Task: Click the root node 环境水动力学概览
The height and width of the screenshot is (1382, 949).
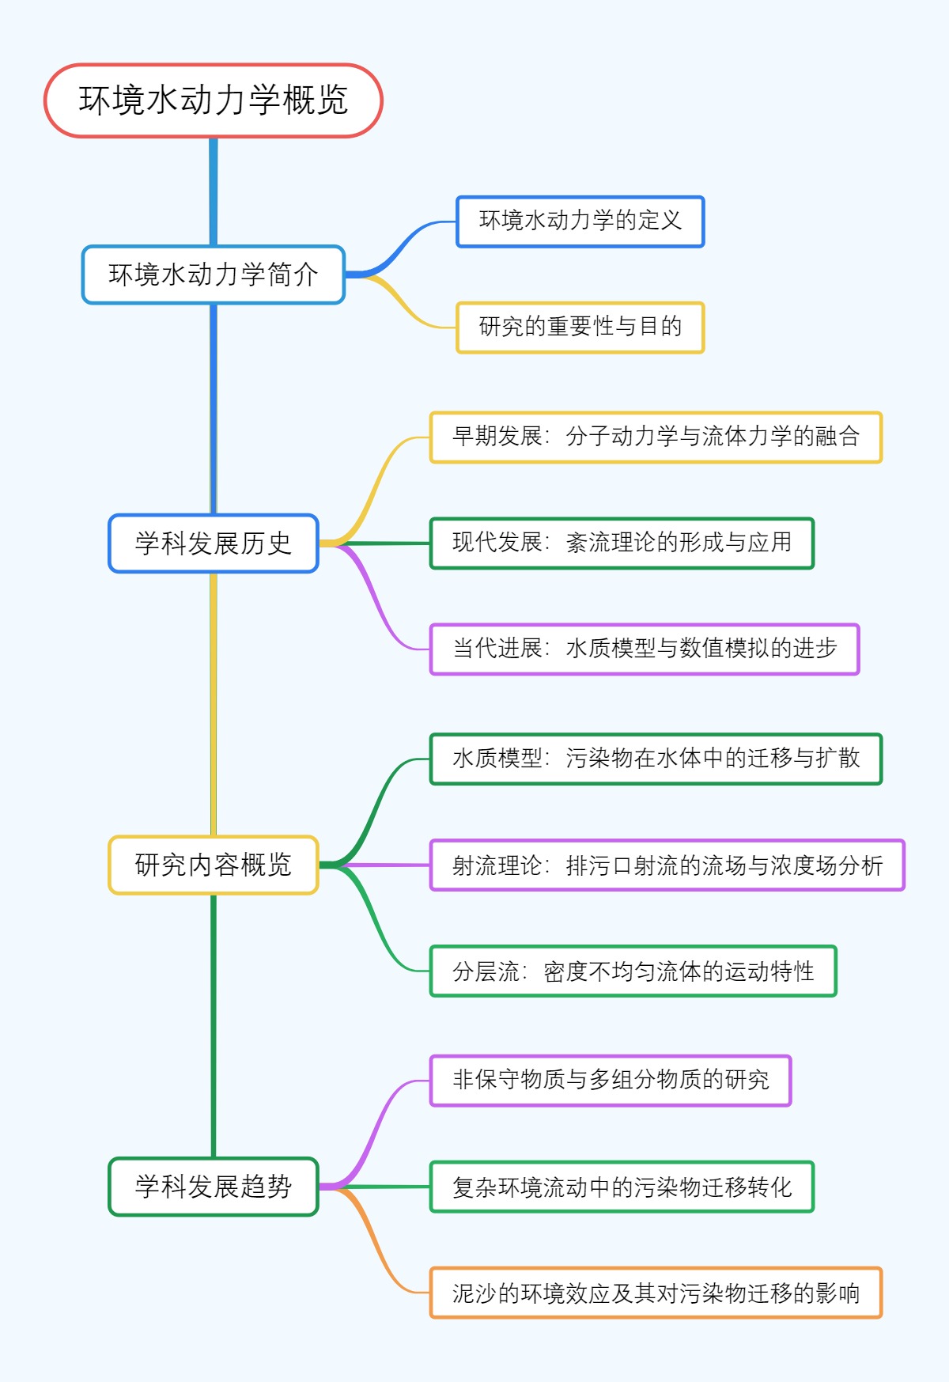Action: coord(213,100)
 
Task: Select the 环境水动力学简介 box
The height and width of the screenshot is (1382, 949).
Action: coord(213,275)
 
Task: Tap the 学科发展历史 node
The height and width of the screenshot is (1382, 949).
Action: coord(213,543)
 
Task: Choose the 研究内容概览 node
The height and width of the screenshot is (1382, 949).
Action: coord(213,865)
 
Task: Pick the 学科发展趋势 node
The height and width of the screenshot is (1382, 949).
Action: coord(213,1186)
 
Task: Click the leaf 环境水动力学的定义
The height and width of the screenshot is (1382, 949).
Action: coord(580,221)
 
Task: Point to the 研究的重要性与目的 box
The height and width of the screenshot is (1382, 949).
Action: coord(580,328)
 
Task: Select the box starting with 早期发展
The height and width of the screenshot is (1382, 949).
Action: coord(655,437)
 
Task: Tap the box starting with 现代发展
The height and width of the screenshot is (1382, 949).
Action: coord(621,543)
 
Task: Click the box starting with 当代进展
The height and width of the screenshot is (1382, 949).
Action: coord(644,649)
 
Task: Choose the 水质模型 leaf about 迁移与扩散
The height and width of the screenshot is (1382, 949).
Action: coord(655,759)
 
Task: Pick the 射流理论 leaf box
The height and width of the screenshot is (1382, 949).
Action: coord(666,865)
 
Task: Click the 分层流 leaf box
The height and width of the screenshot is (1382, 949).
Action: coord(633,971)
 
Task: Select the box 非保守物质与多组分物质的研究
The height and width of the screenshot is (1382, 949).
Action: coord(610,1080)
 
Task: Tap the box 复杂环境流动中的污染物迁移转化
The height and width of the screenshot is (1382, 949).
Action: coord(621,1186)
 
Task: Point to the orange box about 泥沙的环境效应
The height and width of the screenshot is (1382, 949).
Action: coord(655,1293)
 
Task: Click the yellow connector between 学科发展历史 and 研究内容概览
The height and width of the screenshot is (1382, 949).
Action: coord(213,704)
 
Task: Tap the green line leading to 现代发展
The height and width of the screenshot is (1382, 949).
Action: coord(380,543)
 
